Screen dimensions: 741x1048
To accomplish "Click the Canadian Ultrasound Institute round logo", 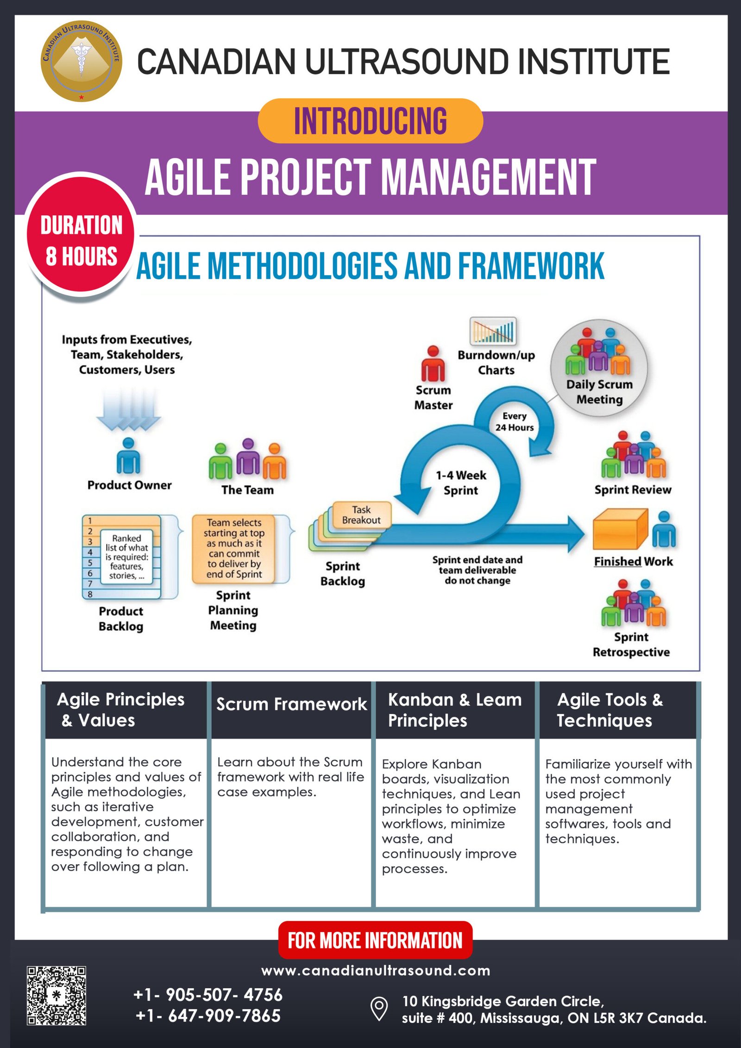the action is [x=81, y=61].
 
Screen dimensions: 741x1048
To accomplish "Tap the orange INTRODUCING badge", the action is [x=370, y=121].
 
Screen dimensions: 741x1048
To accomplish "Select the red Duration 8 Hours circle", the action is [x=81, y=236].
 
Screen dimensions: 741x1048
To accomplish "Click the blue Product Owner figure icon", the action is [x=128, y=456].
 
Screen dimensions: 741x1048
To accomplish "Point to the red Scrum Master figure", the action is [x=433, y=364].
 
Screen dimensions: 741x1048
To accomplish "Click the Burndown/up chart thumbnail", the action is [x=493, y=331].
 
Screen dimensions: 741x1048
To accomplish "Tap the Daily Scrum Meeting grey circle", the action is [x=599, y=368].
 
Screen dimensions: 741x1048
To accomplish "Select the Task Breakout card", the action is [x=362, y=515].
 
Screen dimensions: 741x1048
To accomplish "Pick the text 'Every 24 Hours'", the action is [x=515, y=422].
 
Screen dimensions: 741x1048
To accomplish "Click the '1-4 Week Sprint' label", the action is [x=461, y=483].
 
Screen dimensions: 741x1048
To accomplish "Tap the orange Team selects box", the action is [x=234, y=549].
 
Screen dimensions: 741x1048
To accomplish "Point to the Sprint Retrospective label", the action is [x=631, y=644].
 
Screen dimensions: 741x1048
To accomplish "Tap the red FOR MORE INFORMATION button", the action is [x=375, y=941].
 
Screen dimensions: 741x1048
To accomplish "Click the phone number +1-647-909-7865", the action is [x=208, y=1016].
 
